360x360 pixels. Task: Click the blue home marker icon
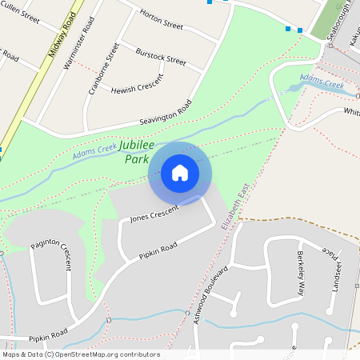180,173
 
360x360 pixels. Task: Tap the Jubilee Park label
135,153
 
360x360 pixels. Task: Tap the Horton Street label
162,19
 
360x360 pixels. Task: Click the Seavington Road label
166,113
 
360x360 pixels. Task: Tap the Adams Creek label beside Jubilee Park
94,151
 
